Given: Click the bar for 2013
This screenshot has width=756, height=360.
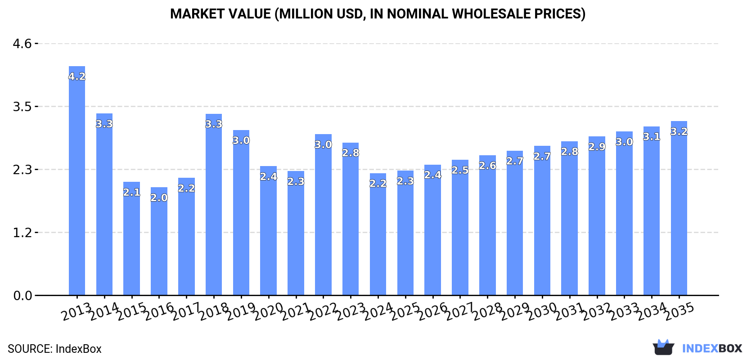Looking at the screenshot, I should pyautogui.click(x=77, y=180).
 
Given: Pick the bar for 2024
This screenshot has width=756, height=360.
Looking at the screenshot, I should pyautogui.click(x=378, y=234).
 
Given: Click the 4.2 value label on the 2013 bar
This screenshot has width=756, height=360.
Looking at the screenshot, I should pyautogui.click(x=77, y=76).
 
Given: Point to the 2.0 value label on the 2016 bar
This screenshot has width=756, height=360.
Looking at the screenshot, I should pyautogui.click(x=159, y=198).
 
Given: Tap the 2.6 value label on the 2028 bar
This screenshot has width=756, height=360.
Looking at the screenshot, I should pyautogui.click(x=487, y=166).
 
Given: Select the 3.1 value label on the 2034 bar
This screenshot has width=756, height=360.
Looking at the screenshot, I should pyautogui.click(x=652, y=136).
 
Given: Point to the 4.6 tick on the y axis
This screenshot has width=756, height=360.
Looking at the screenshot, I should pyautogui.click(x=22, y=44).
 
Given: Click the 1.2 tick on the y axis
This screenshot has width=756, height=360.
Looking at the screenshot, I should pyautogui.click(x=22, y=233).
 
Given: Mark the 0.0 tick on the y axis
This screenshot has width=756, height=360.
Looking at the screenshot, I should pyautogui.click(x=22, y=296).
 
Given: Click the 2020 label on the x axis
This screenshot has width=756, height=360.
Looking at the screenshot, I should pyautogui.click(x=268, y=311).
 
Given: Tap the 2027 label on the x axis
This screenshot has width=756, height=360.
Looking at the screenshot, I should pyautogui.click(x=460, y=311).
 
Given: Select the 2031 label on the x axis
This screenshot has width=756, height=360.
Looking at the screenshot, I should pyautogui.click(x=569, y=311).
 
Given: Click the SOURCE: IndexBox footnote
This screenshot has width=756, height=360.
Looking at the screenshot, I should pyautogui.click(x=54, y=349).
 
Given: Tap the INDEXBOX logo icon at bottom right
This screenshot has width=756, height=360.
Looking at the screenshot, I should pyautogui.click(x=663, y=347).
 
